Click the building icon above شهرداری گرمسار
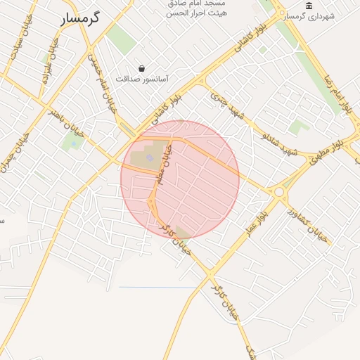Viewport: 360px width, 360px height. click(309, 6)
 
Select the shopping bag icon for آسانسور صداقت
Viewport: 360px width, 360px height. click(143, 69)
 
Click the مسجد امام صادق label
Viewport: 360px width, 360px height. click(195, 3)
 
